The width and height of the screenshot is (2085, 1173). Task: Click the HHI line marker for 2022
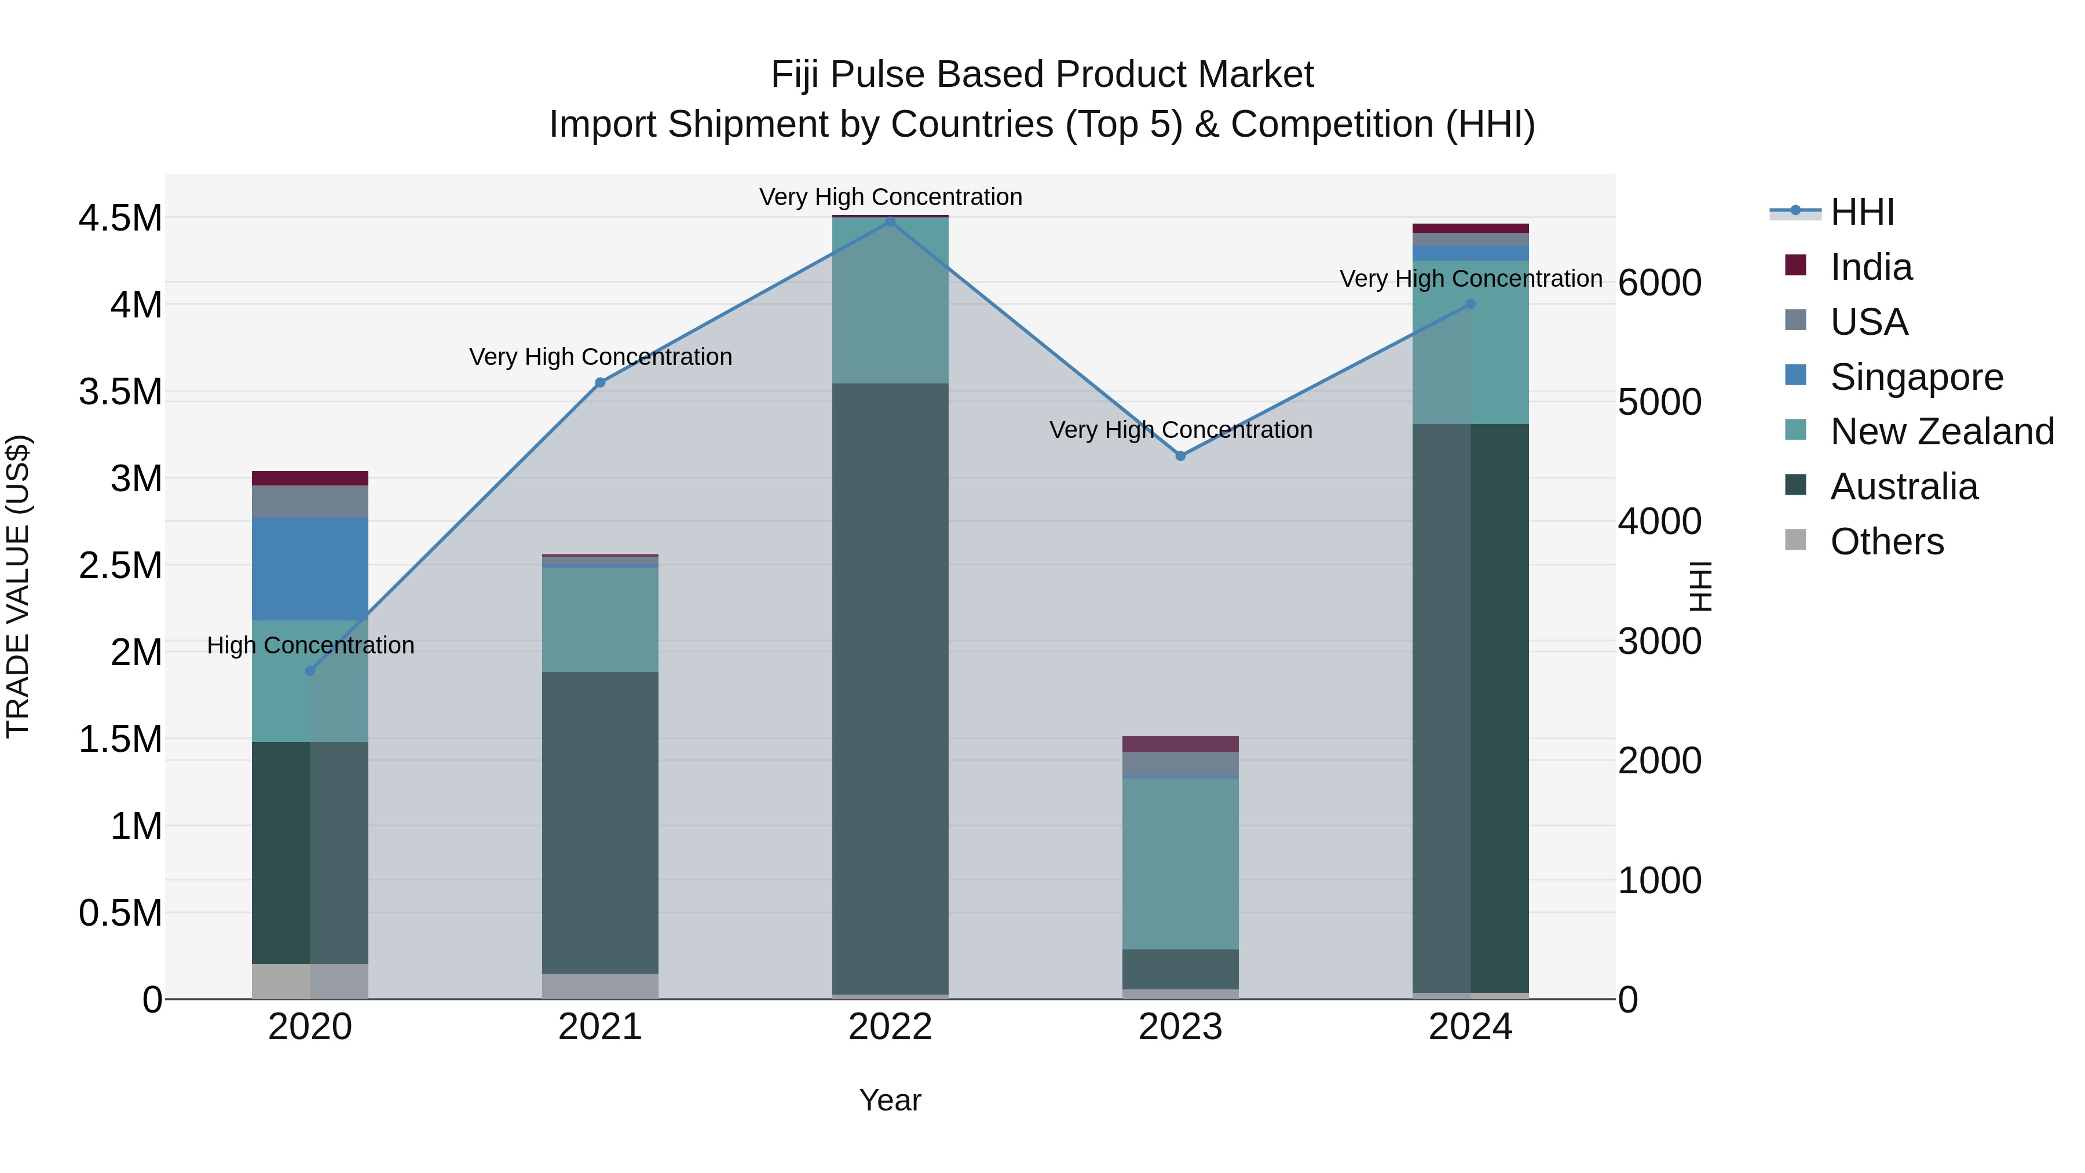point(890,221)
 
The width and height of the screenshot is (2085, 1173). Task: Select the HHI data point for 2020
point(310,670)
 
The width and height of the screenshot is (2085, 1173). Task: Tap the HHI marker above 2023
point(1180,456)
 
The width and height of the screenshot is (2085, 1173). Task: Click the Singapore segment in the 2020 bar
point(310,568)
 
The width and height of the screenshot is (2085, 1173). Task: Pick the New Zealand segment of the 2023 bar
point(1180,863)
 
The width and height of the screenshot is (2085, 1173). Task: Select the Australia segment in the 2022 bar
point(890,688)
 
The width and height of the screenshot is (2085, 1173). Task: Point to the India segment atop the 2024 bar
point(1470,228)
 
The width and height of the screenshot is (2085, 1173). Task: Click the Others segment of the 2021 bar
point(600,985)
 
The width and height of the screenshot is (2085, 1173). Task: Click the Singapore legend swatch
point(1795,375)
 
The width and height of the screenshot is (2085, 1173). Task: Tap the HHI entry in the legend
point(1861,212)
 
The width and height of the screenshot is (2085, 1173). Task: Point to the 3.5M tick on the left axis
point(120,392)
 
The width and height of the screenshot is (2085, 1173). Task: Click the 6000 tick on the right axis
point(1659,283)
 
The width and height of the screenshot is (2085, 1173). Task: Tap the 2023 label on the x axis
point(1180,1027)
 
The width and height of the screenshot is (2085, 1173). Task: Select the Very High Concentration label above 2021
point(600,356)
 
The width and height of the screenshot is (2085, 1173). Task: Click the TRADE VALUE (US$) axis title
point(18,586)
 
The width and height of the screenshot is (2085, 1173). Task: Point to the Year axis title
point(890,1100)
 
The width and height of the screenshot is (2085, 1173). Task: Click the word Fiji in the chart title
point(796,75)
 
